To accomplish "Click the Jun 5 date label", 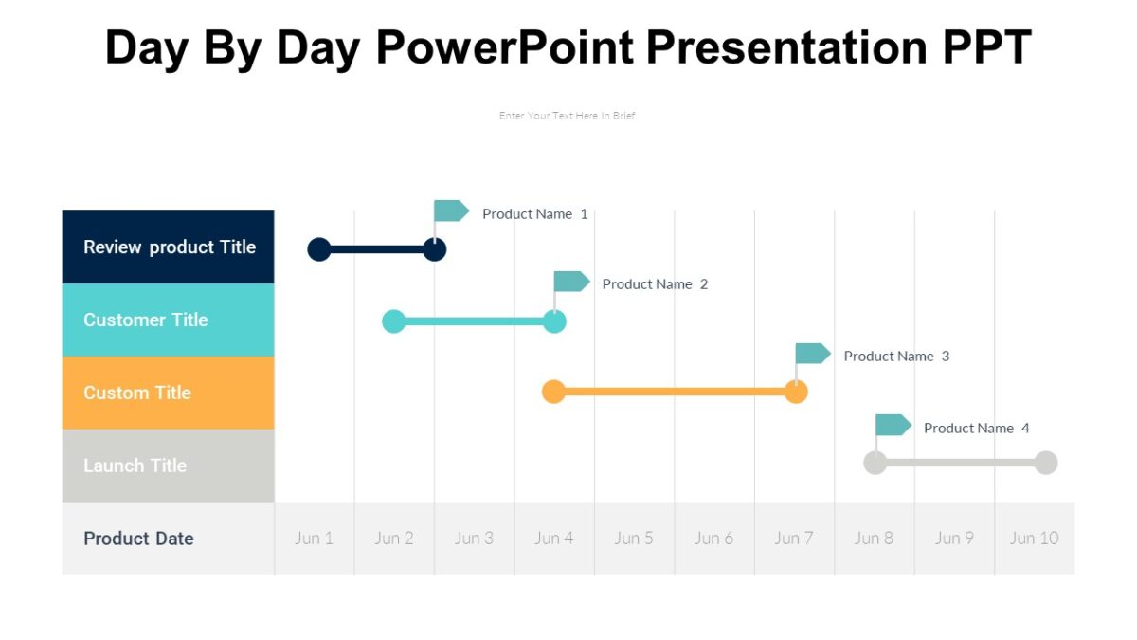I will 634,539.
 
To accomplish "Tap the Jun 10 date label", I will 1034,539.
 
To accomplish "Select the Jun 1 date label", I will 314,539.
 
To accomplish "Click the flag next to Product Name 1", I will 450,210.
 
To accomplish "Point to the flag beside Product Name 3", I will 811,353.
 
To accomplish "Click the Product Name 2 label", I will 655,284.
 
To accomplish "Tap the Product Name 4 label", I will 976,429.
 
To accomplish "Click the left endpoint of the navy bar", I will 319,249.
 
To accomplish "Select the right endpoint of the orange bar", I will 796,392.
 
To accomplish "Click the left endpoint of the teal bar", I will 393,321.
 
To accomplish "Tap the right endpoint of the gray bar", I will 1045,463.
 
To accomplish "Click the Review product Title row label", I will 170,247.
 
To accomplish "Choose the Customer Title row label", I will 146,320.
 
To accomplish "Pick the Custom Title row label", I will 137,393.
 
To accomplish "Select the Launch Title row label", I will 135,466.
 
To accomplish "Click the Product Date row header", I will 138,539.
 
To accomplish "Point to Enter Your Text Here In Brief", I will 568,116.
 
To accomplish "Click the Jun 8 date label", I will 874,539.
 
